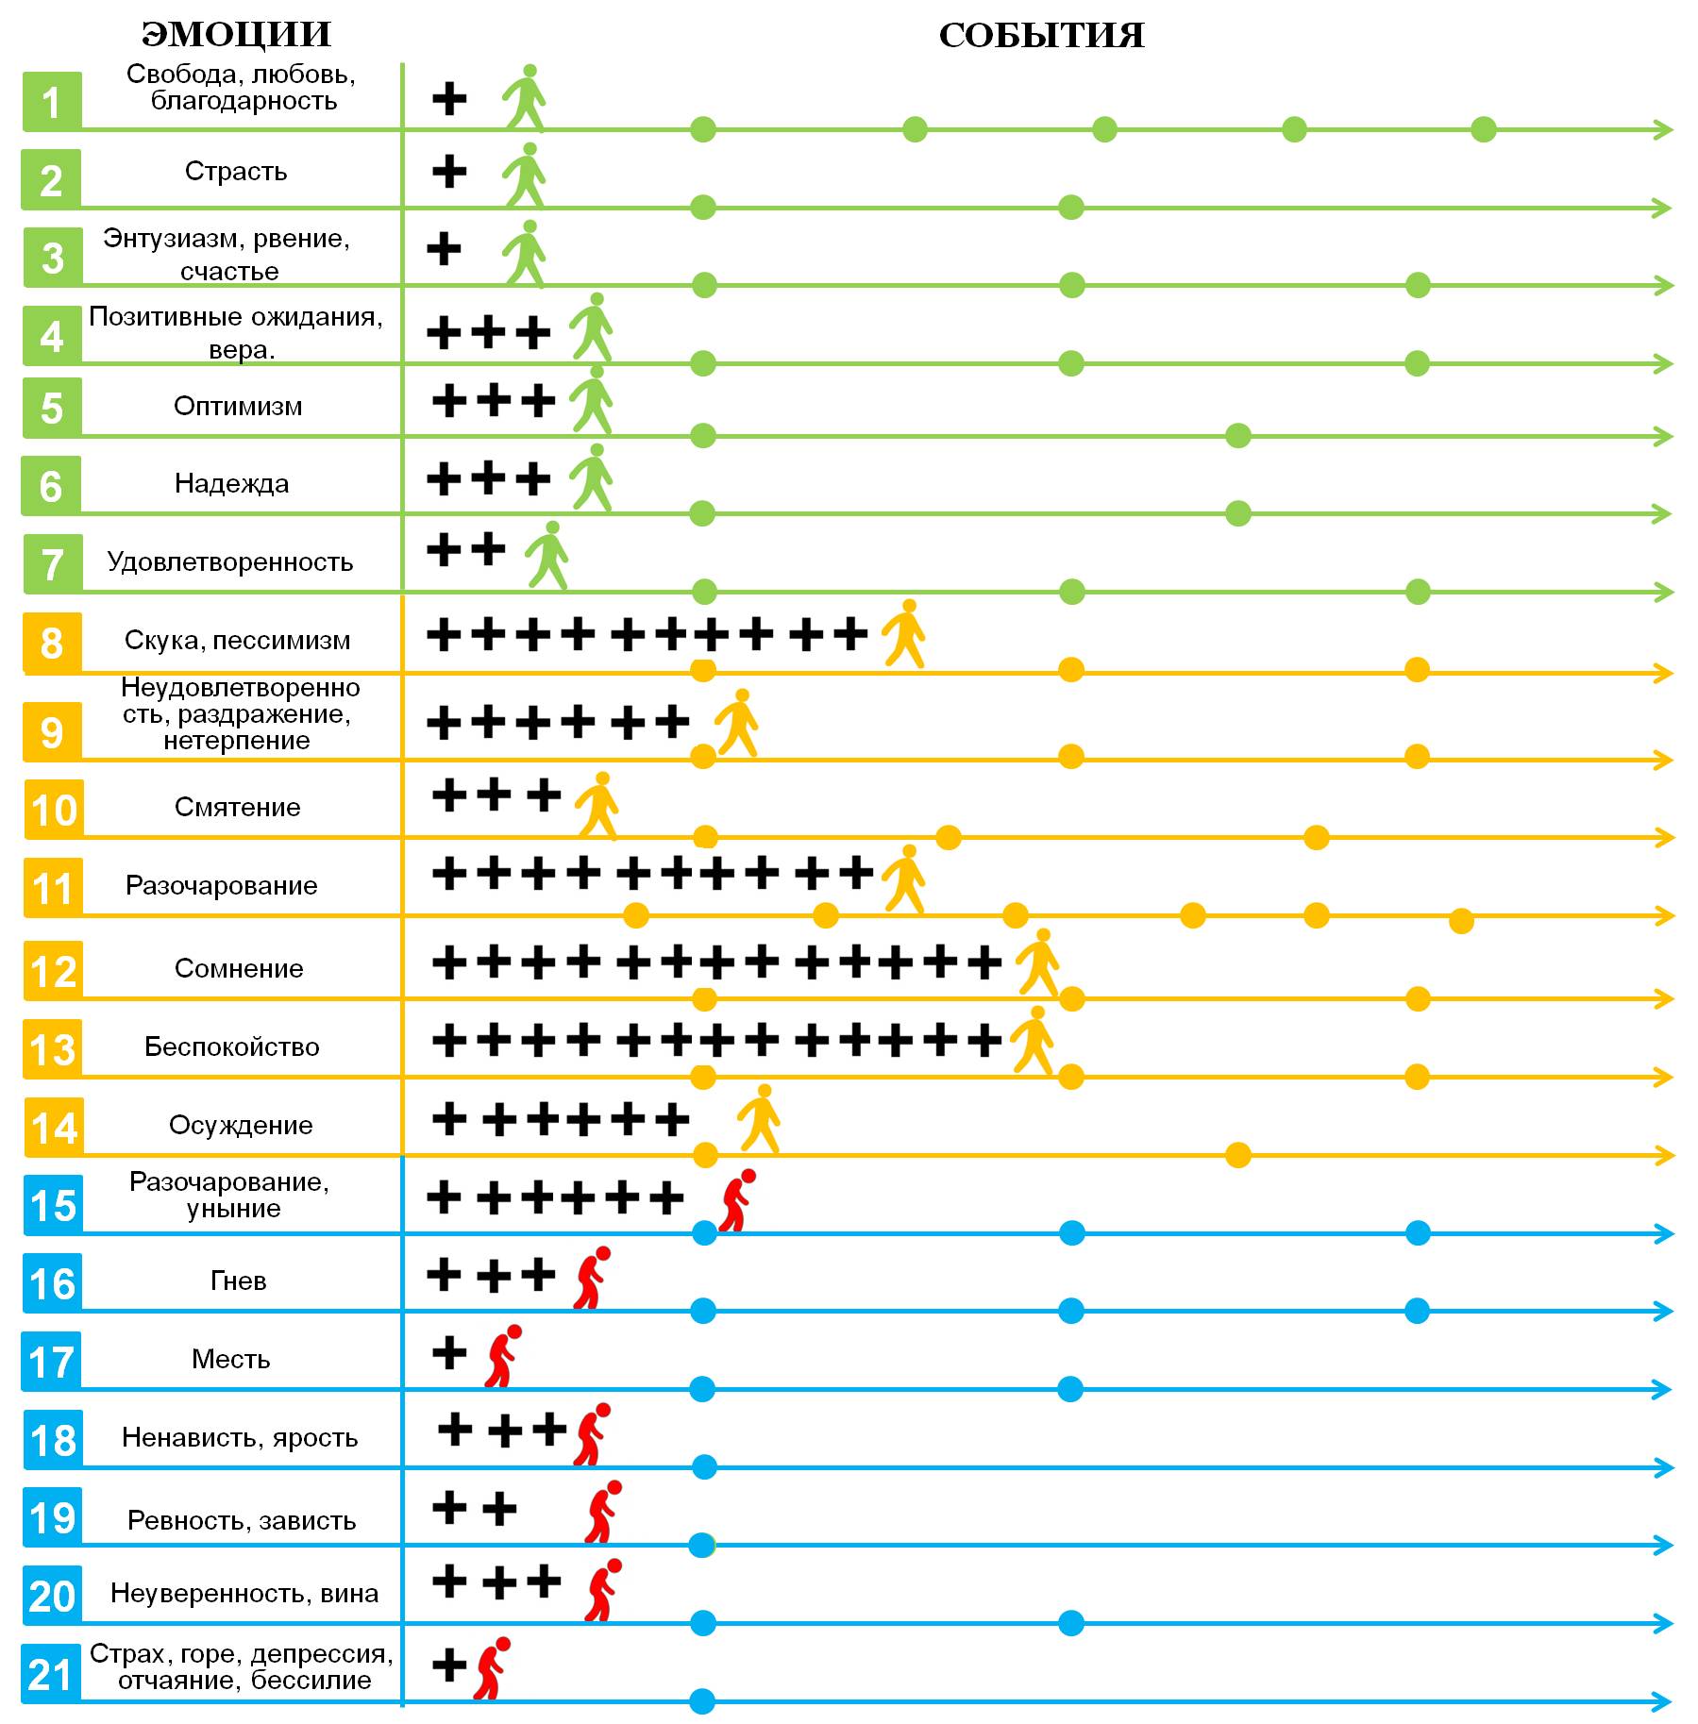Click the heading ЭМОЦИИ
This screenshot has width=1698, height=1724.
click(236, 35)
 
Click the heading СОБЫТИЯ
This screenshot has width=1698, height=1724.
click(1041, 36)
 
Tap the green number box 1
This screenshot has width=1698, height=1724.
click(52, 102)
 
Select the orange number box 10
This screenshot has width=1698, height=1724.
click(54, 810)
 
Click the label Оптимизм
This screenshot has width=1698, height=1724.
click(238, 407)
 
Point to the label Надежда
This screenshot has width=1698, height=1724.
click(232, 484)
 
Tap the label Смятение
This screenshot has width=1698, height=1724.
click(238, 808)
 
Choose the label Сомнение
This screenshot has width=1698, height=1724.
click(239, 969)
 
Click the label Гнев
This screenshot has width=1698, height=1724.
click(238, 1281)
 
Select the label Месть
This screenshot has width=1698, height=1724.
click(231, 1360)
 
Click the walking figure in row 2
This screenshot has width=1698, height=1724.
click(525, 175)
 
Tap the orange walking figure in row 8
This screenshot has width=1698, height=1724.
click(904, 633)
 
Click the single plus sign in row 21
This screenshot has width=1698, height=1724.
click(449, 1665)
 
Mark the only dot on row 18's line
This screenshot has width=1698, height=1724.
click(703, 1467)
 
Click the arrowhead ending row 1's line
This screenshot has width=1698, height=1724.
click(1663, 129)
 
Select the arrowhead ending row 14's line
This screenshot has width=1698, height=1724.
click(1663, 1155)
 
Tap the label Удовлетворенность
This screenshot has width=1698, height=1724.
click(230, 562)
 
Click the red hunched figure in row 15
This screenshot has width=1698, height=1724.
click(736, 1200)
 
